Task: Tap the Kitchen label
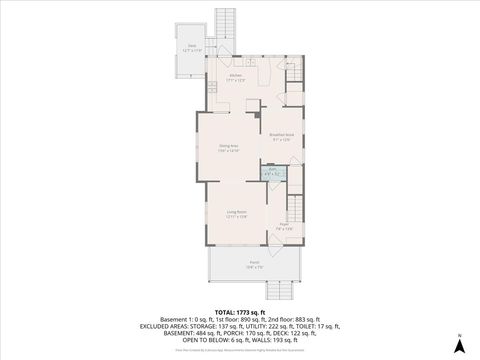click(236, 77)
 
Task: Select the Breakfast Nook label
click(281, 136)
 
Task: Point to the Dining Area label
click(229, 148)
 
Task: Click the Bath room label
click(273, 172)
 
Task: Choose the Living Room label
click(236, 213)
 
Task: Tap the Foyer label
click(285, 227)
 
